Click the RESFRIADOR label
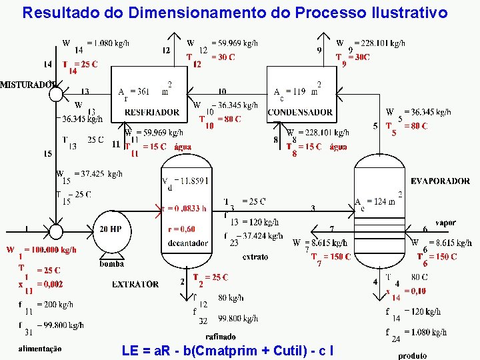[153, 112]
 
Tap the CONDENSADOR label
[300, 112]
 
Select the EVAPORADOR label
[440, 181]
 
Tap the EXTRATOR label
[135, 284]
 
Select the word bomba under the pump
[111, 263]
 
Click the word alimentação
[40, 348]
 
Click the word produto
[412, 356]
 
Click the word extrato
[255, 257]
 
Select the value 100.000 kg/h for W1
[50, 250]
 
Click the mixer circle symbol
[56, 94]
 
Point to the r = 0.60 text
[182, 229]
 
